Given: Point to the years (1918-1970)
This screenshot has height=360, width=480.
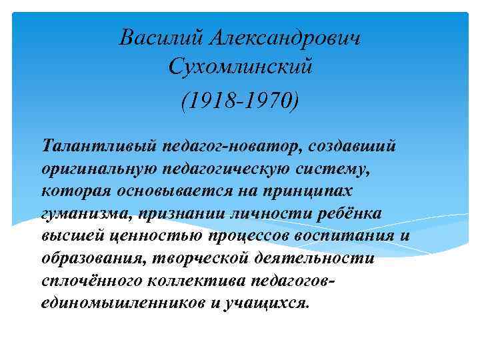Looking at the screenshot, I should (x=240, y=102).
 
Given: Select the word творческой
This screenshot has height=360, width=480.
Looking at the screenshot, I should (x=196, y=261).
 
